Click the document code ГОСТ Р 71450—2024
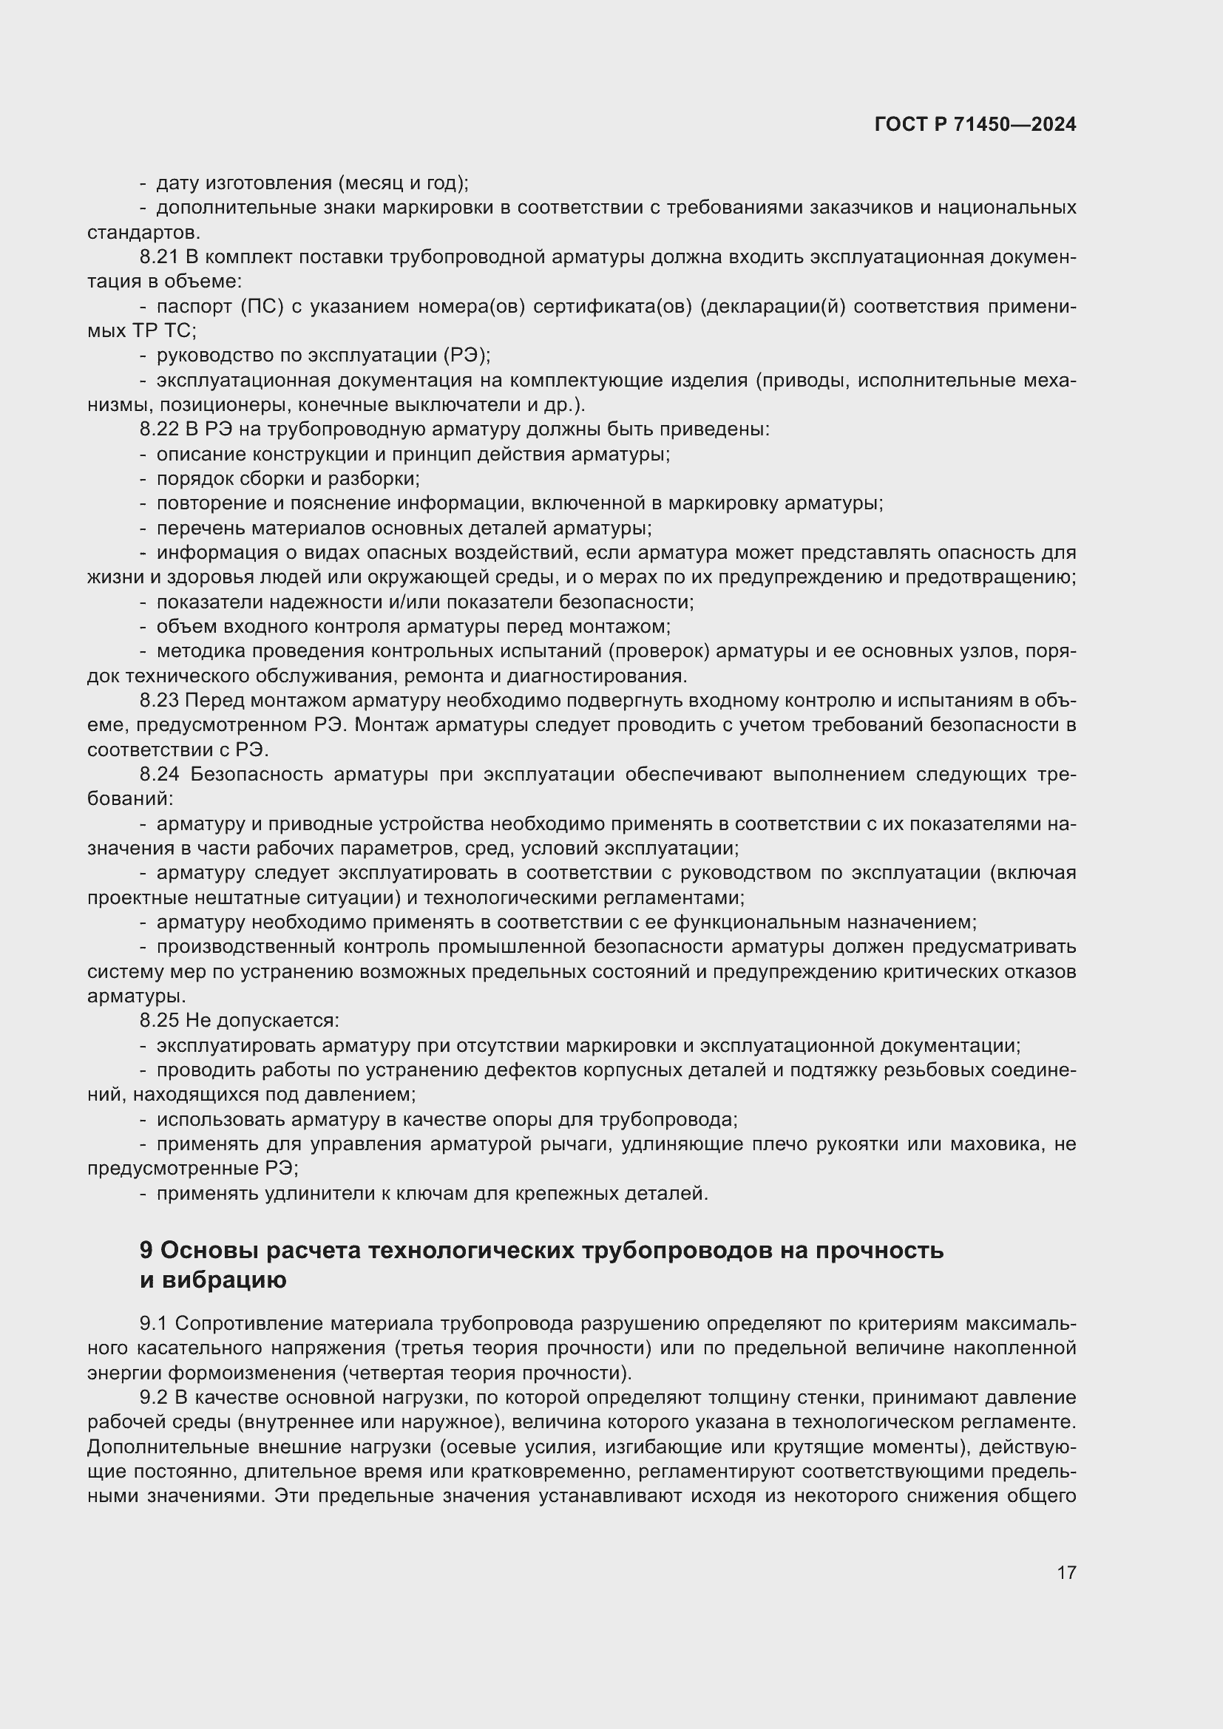pos(975,125)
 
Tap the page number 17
pos(1066,1572)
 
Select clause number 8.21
pos(159,257)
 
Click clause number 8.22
pos(159,429)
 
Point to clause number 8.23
pos(159,700)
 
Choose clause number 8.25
pos(159,1020)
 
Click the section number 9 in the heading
pos(146,1251)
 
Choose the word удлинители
pos(310,1194)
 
